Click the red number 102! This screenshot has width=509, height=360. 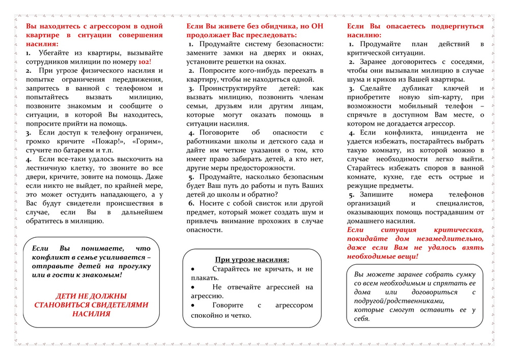pos(143,61)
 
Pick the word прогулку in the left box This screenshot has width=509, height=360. pos(134,266)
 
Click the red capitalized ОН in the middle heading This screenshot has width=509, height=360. pos(317,26)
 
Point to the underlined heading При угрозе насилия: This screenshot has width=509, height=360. pos(252,260)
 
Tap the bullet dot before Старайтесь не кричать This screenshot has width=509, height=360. pos(192,269)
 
